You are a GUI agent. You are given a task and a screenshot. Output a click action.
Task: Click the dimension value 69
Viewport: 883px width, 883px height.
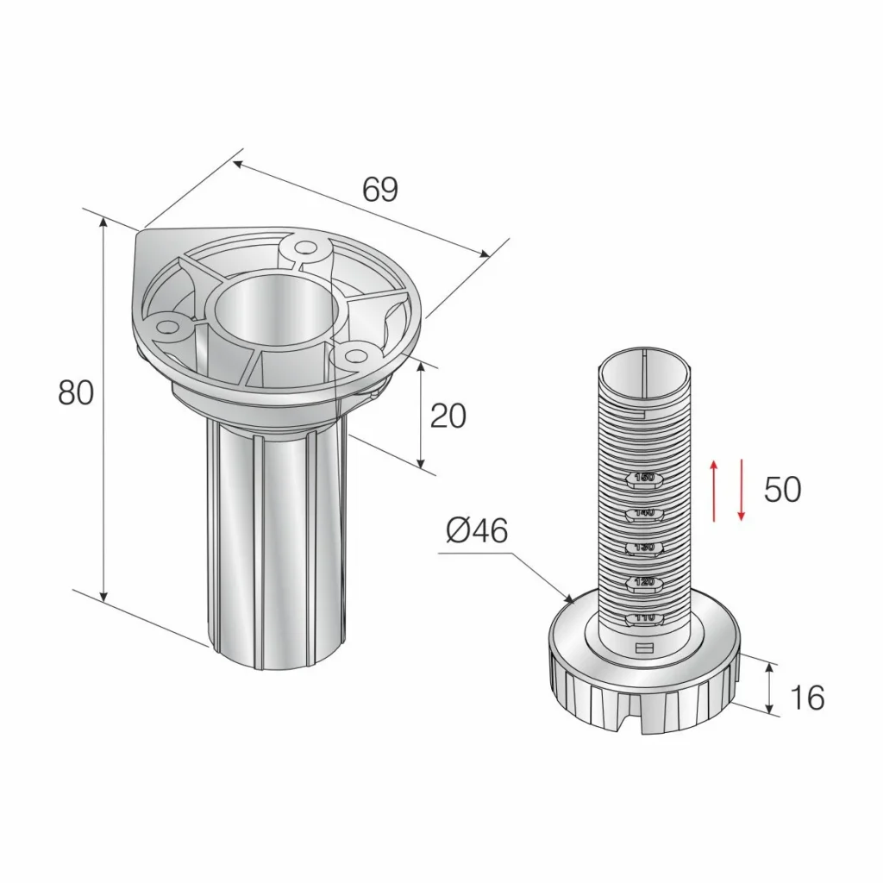[379, 190]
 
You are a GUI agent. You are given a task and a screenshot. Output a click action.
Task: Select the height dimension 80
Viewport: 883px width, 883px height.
[76, 393]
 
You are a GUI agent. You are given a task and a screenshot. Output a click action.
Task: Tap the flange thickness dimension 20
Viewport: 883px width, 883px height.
[448, 416]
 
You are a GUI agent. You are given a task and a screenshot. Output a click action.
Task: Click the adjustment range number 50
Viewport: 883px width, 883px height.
[782, 490]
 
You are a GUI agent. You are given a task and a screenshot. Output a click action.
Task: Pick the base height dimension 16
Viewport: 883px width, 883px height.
[807, 697]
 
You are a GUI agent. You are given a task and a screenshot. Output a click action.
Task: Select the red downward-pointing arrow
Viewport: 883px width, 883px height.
[741, 490]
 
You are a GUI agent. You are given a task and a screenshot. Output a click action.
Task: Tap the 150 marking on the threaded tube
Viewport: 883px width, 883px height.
[644, 478]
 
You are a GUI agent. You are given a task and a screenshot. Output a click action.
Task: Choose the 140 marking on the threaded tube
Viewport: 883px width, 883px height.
[644, 513]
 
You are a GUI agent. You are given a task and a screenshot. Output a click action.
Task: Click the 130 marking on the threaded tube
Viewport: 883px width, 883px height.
[644, 548]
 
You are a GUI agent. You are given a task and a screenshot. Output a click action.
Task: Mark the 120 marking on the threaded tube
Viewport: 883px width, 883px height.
[644, 583]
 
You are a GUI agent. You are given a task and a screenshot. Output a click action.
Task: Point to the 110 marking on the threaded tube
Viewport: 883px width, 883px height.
[644, 618]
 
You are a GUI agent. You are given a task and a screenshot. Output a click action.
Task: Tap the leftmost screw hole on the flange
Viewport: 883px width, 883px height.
[166, 327]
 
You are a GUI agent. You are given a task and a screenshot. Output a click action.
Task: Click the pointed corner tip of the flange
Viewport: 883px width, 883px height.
[141, 231]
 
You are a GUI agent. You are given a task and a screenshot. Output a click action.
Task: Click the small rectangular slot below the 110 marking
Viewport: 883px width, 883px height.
[644, 648]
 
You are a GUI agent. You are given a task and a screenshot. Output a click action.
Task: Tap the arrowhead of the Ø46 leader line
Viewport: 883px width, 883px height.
[570, 598]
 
